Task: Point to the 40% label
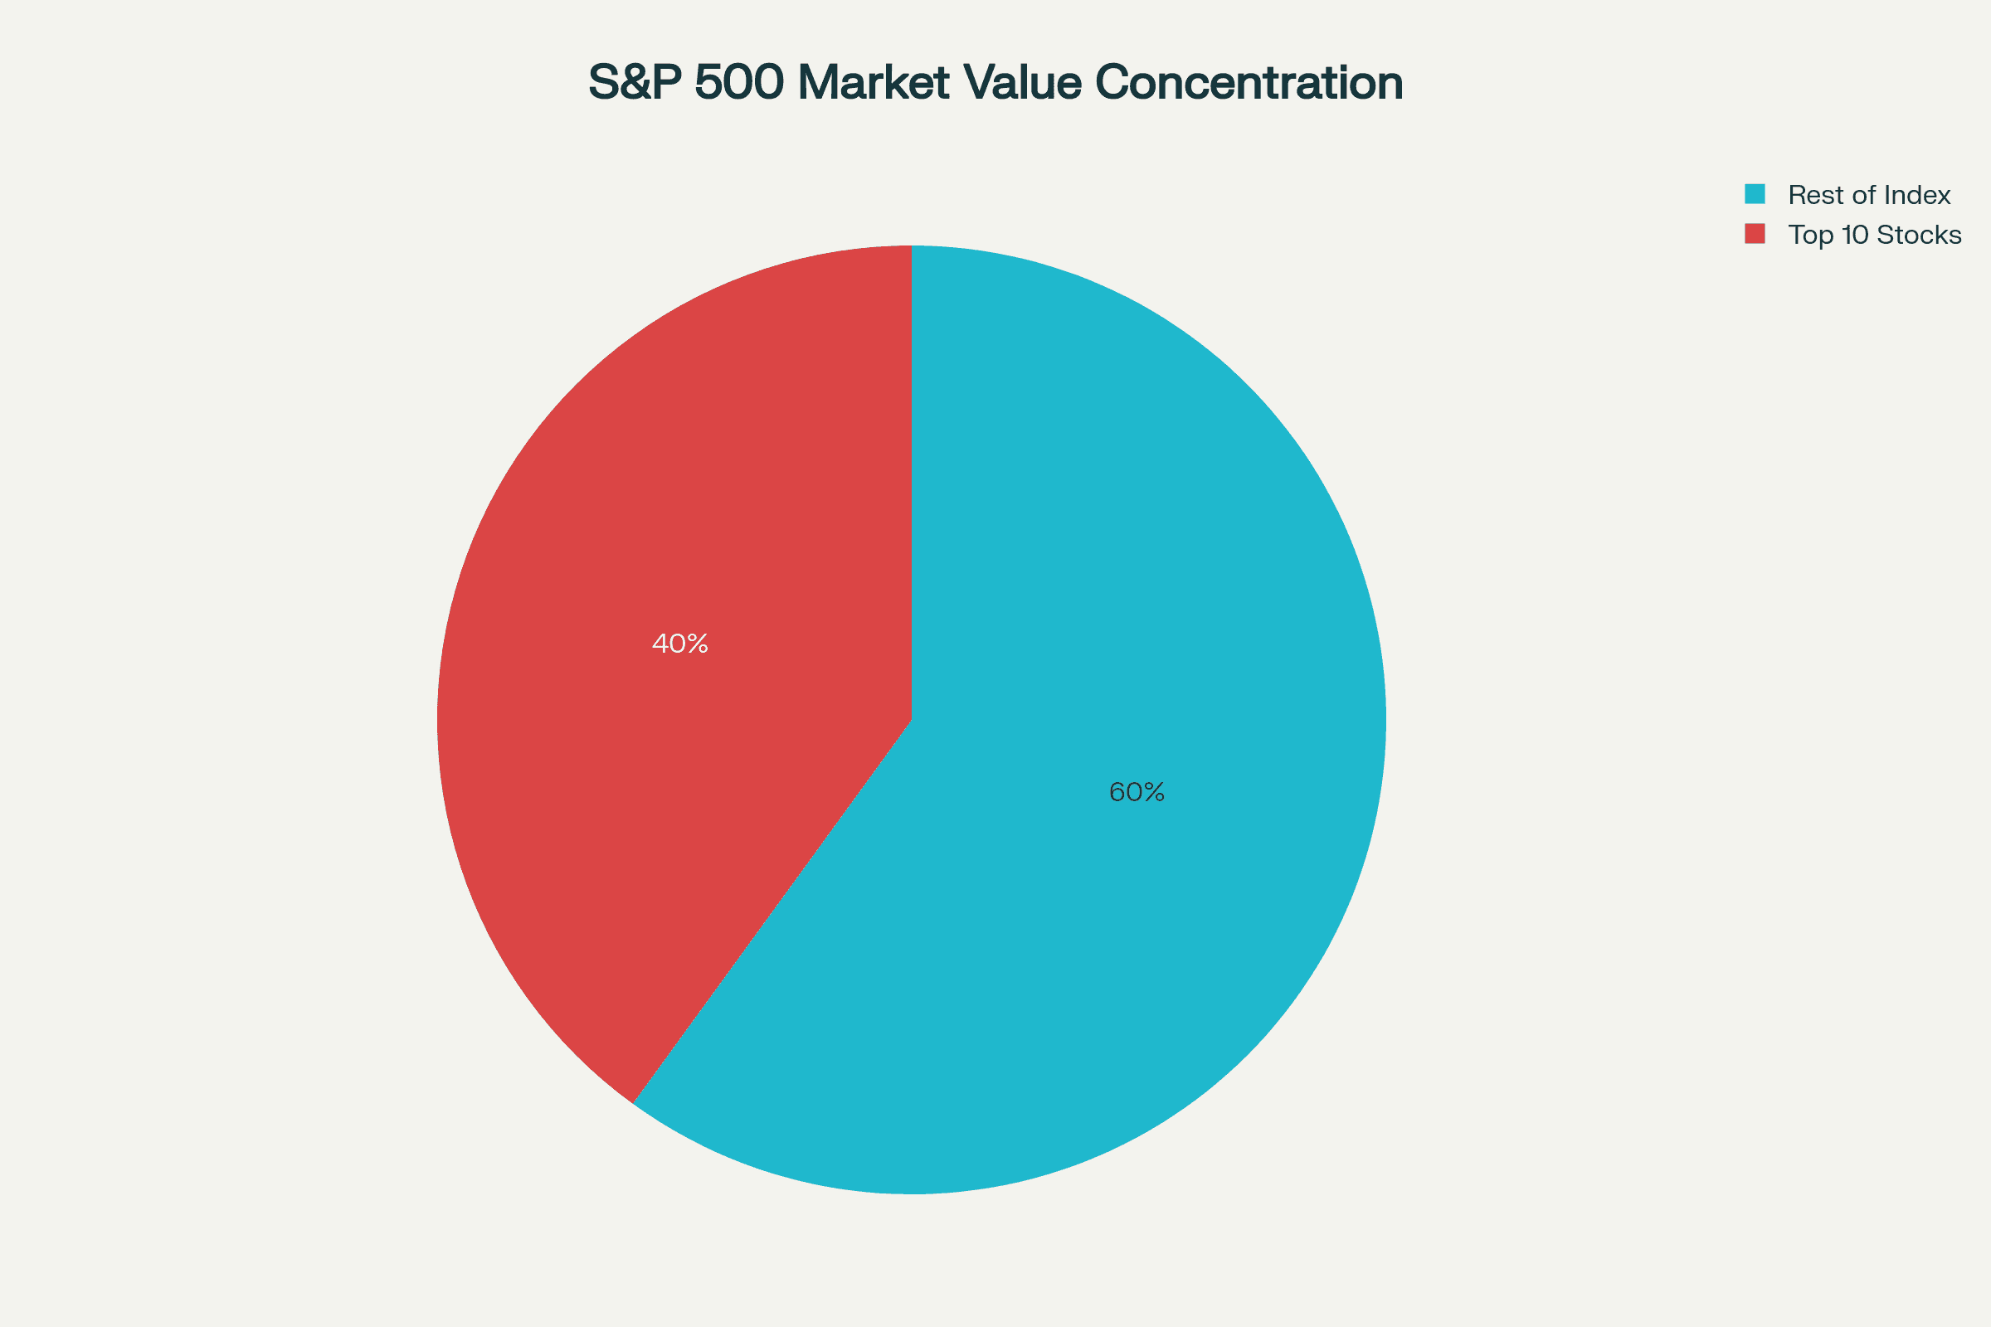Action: pos(679,644)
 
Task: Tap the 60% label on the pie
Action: pos(1137,792)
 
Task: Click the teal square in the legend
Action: pos(1755,194)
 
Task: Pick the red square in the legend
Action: pos(1755,234)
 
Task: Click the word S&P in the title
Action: pos(635,83)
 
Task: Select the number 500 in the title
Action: pos(739,83)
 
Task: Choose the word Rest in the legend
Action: pos(1813,196)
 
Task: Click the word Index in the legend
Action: pos(1918,196)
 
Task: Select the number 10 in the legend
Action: pos(1854,235)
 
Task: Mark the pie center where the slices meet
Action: pos(912,719)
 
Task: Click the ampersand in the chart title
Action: pos(636,83)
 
